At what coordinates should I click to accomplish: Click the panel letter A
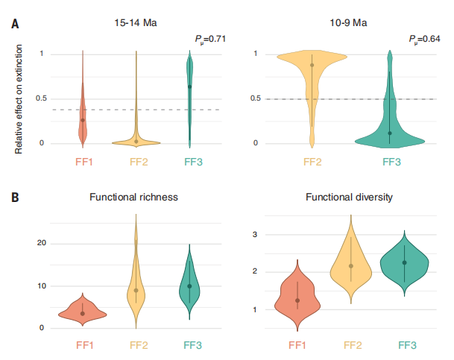[x=15, y=23]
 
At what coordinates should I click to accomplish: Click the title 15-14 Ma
[x=136, y=23]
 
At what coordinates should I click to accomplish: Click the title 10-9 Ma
[x=350, y=23]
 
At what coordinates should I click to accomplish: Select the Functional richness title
[x=133, y=198]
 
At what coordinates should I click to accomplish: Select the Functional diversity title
[x=350, y=198]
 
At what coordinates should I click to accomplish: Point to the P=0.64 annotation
[x=423, y=39]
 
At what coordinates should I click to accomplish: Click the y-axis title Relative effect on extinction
[x=19, y=98]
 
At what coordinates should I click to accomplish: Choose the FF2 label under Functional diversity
[x=350, y=344]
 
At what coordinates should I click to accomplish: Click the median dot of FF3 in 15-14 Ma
[x=189, y=86]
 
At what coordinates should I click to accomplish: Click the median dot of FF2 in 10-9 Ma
[x=312, y=66]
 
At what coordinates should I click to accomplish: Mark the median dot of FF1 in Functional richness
[x=83, y=314]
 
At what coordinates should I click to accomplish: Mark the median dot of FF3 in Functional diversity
[x=404, y=262]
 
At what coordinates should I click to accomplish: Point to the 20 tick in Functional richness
[x=42, y=243]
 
